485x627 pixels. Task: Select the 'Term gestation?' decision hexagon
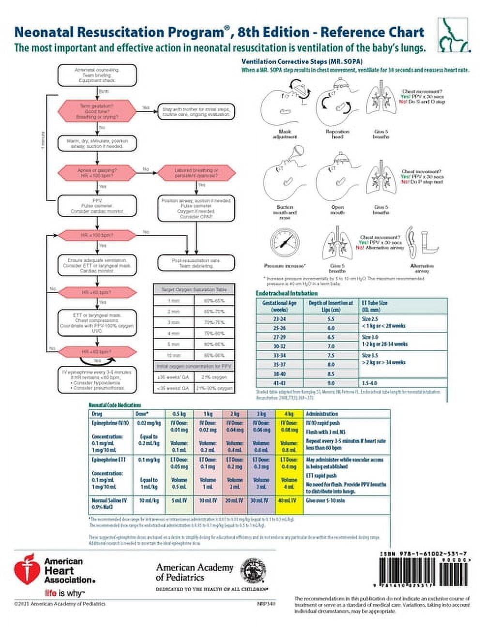(x=97, y=111)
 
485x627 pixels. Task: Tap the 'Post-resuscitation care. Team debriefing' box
(x=197, y=263)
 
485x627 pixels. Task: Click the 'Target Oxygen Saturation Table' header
(x=194, y=289)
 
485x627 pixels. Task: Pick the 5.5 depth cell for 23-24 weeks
(x=331, y=319)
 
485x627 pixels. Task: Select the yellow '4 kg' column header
(x=288, y=414)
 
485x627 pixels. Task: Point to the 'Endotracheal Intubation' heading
(x=287, y=293)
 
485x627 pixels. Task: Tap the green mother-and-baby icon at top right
(x=453, y=35)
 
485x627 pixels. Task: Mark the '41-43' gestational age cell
(x=280, y=383)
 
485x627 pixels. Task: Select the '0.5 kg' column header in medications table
(x=179, y=414)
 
